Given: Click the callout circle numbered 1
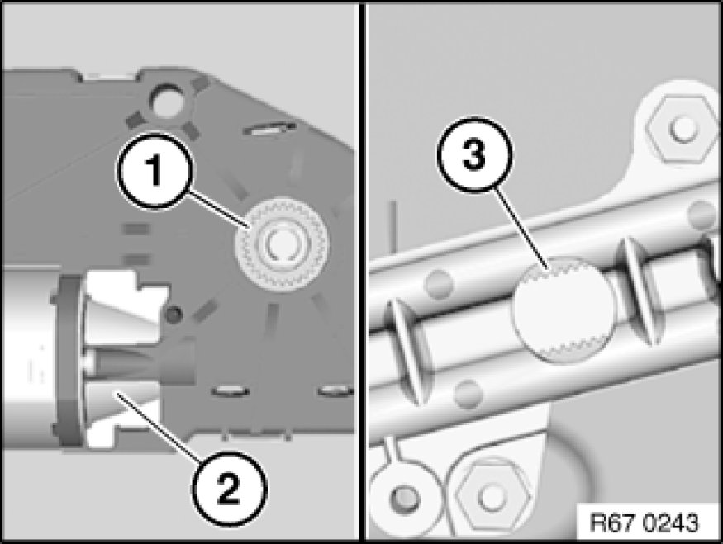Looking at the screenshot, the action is point(155,171).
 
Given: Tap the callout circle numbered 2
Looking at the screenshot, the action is point(229,490).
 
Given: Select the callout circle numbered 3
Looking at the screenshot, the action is point(474,155).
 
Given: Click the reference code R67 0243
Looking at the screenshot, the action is point(645,523).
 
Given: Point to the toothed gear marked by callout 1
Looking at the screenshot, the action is point(282,244).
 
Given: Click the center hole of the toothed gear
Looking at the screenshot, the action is point(281,244).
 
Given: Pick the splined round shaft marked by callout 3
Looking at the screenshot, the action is point(564,309).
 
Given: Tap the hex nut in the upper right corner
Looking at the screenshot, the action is point(682,128).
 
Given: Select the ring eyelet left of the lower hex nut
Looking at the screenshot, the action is point(405,498).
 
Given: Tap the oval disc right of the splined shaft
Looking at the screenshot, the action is point(642,291).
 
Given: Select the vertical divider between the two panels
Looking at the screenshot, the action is point(362,272).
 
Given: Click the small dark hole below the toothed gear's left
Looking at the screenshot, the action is point(174,315).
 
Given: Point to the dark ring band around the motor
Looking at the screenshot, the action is point(69,360).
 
